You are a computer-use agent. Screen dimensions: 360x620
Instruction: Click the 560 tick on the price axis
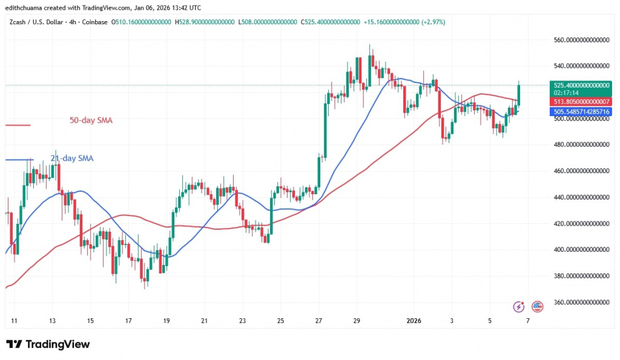point(581,40)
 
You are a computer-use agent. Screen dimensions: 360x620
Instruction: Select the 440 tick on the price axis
point(581,197)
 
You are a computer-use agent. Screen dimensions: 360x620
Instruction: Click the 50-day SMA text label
point(91,120)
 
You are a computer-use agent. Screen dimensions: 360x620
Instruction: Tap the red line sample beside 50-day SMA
point(18,125)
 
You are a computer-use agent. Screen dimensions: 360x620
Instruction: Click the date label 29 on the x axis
point(357,321)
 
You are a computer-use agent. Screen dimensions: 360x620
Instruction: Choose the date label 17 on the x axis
point(128,321)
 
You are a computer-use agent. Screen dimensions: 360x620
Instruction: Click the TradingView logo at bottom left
point(48,344)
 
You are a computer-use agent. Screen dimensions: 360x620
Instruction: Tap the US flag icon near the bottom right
point(537,307)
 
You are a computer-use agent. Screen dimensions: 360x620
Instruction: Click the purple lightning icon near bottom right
point(518,307)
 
